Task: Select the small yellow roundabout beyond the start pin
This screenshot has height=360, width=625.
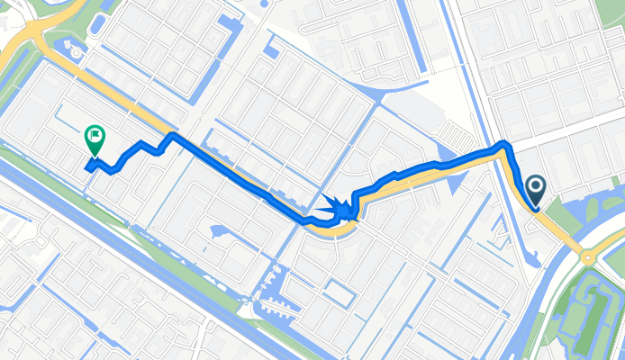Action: (x=589, y=256)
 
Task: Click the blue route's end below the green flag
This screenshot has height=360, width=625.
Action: (x=88, y=166)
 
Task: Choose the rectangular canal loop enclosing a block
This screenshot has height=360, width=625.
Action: (x=339, y=292)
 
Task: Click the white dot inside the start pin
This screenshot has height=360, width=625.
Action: (x=536, y=186)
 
